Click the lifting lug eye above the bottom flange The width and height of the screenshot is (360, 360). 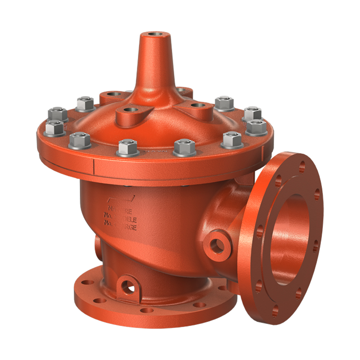[x=128, y=285]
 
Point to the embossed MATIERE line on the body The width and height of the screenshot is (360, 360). [x=120, y=210]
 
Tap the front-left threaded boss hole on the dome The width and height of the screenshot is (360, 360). [x=129, y=110]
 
